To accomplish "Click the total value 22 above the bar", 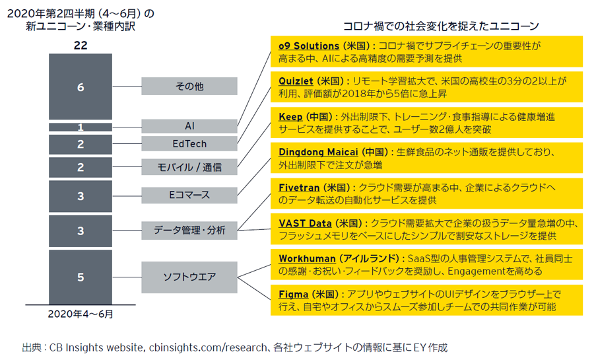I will tap(81, 46).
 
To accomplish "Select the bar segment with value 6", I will tap(81, 87).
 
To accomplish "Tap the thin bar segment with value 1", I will tap(81, 127).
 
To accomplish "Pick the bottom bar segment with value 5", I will tap(81, 277).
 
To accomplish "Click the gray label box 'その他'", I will tap(189, 86).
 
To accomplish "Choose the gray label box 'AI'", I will tap(189, 126).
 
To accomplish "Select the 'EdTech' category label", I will tap(189, 143).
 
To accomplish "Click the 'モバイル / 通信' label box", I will tap(189, 167).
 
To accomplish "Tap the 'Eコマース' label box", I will tap(189, 195).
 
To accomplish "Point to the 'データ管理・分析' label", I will tap(189, 231).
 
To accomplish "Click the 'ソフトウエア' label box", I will tap(189, 277).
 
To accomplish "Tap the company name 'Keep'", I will tap(290, 117).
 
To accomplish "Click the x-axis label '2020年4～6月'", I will tap(81, 314).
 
